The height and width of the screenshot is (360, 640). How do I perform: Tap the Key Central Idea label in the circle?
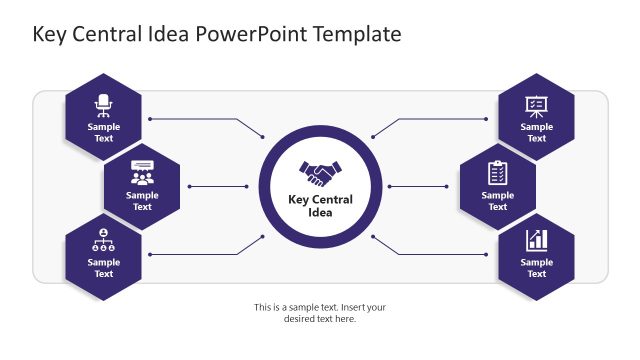tap(320, 206)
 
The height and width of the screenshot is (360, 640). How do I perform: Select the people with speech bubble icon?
tap(142, 172)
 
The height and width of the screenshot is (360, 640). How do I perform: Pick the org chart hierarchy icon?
tap(104, 240)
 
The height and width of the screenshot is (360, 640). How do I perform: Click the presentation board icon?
tap(536, 104)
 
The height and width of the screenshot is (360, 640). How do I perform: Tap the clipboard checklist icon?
tap(497, 172)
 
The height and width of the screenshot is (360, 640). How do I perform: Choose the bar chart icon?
tap(536, 240)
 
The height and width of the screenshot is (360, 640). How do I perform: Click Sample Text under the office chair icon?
tap(104, 133)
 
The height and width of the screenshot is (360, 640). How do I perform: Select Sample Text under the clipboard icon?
tap(497, 201)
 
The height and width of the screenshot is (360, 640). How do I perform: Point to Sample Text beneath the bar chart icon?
tap(536, 268)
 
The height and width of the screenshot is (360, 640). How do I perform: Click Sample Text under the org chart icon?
tap(104, 268)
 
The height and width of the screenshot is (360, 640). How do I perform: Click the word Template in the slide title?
tap(357, 34)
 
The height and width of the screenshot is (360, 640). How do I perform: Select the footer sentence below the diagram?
tap(320, 313)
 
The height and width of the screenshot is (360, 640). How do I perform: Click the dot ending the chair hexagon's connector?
tap(150, 119)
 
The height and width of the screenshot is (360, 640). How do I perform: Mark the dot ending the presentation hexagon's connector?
tap(486, 119)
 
